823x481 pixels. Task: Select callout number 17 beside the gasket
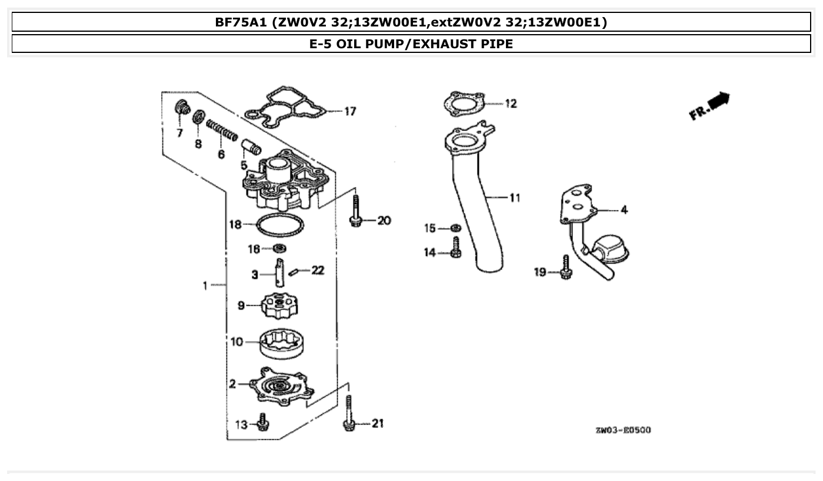click(350, 111)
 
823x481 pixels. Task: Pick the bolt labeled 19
click(566, 268)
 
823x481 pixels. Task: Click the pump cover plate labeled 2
click(279, 386)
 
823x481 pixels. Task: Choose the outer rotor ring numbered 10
click(282, 343)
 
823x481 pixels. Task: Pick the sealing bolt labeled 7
click(182, 109)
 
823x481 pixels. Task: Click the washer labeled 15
click(455, 228)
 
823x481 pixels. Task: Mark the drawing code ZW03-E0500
click(623, 430)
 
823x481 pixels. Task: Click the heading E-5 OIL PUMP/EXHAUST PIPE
click(411, 44)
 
